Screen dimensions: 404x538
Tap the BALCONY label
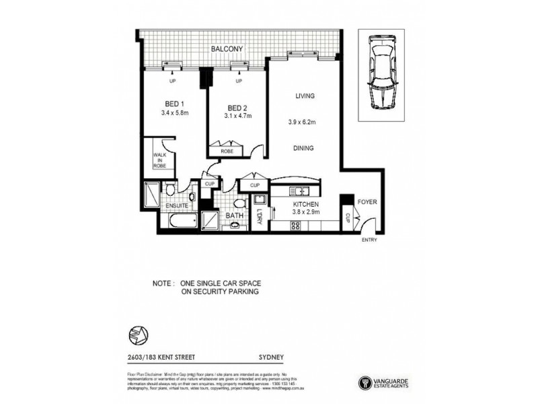[x=229, y=49]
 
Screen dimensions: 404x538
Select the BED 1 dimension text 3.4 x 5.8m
[x=175, y=114]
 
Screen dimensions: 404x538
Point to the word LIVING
[x=305, y=96]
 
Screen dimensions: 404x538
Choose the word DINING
[x=305, y=147]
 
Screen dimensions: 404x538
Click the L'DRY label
[x=259, y=219]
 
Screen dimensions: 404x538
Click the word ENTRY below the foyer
[x=369, y=240]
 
